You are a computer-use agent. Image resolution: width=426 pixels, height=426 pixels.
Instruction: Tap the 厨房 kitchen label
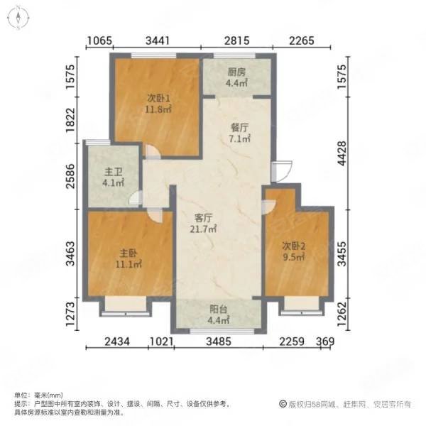237,72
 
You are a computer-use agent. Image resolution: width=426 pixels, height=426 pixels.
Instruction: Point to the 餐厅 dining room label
239,128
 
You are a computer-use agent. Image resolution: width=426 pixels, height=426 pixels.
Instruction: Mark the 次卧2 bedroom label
295,246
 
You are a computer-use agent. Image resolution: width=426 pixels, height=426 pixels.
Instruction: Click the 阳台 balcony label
219,309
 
